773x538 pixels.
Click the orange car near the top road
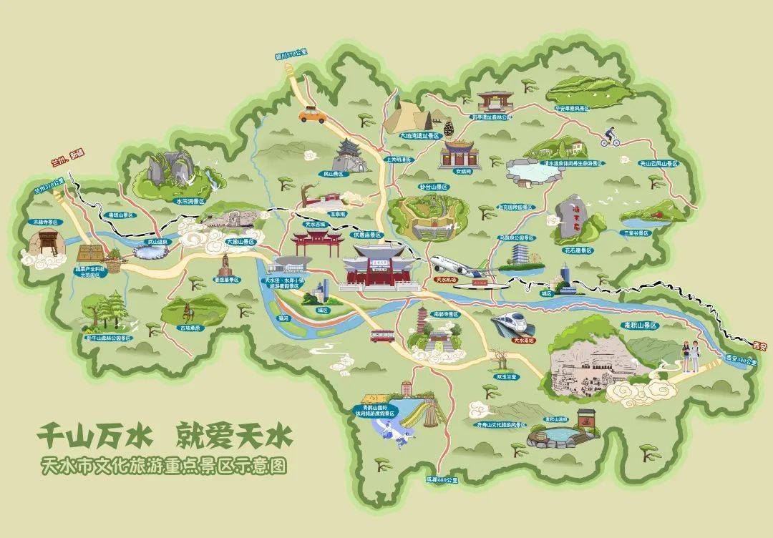[310, 114]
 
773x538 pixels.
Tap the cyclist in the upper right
[611, 137]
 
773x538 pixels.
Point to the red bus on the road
[382, 335]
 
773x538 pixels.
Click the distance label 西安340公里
[740, 359]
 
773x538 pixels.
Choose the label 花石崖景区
[578, 250]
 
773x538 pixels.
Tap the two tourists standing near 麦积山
[689, 355]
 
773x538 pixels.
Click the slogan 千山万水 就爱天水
[167, 434]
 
